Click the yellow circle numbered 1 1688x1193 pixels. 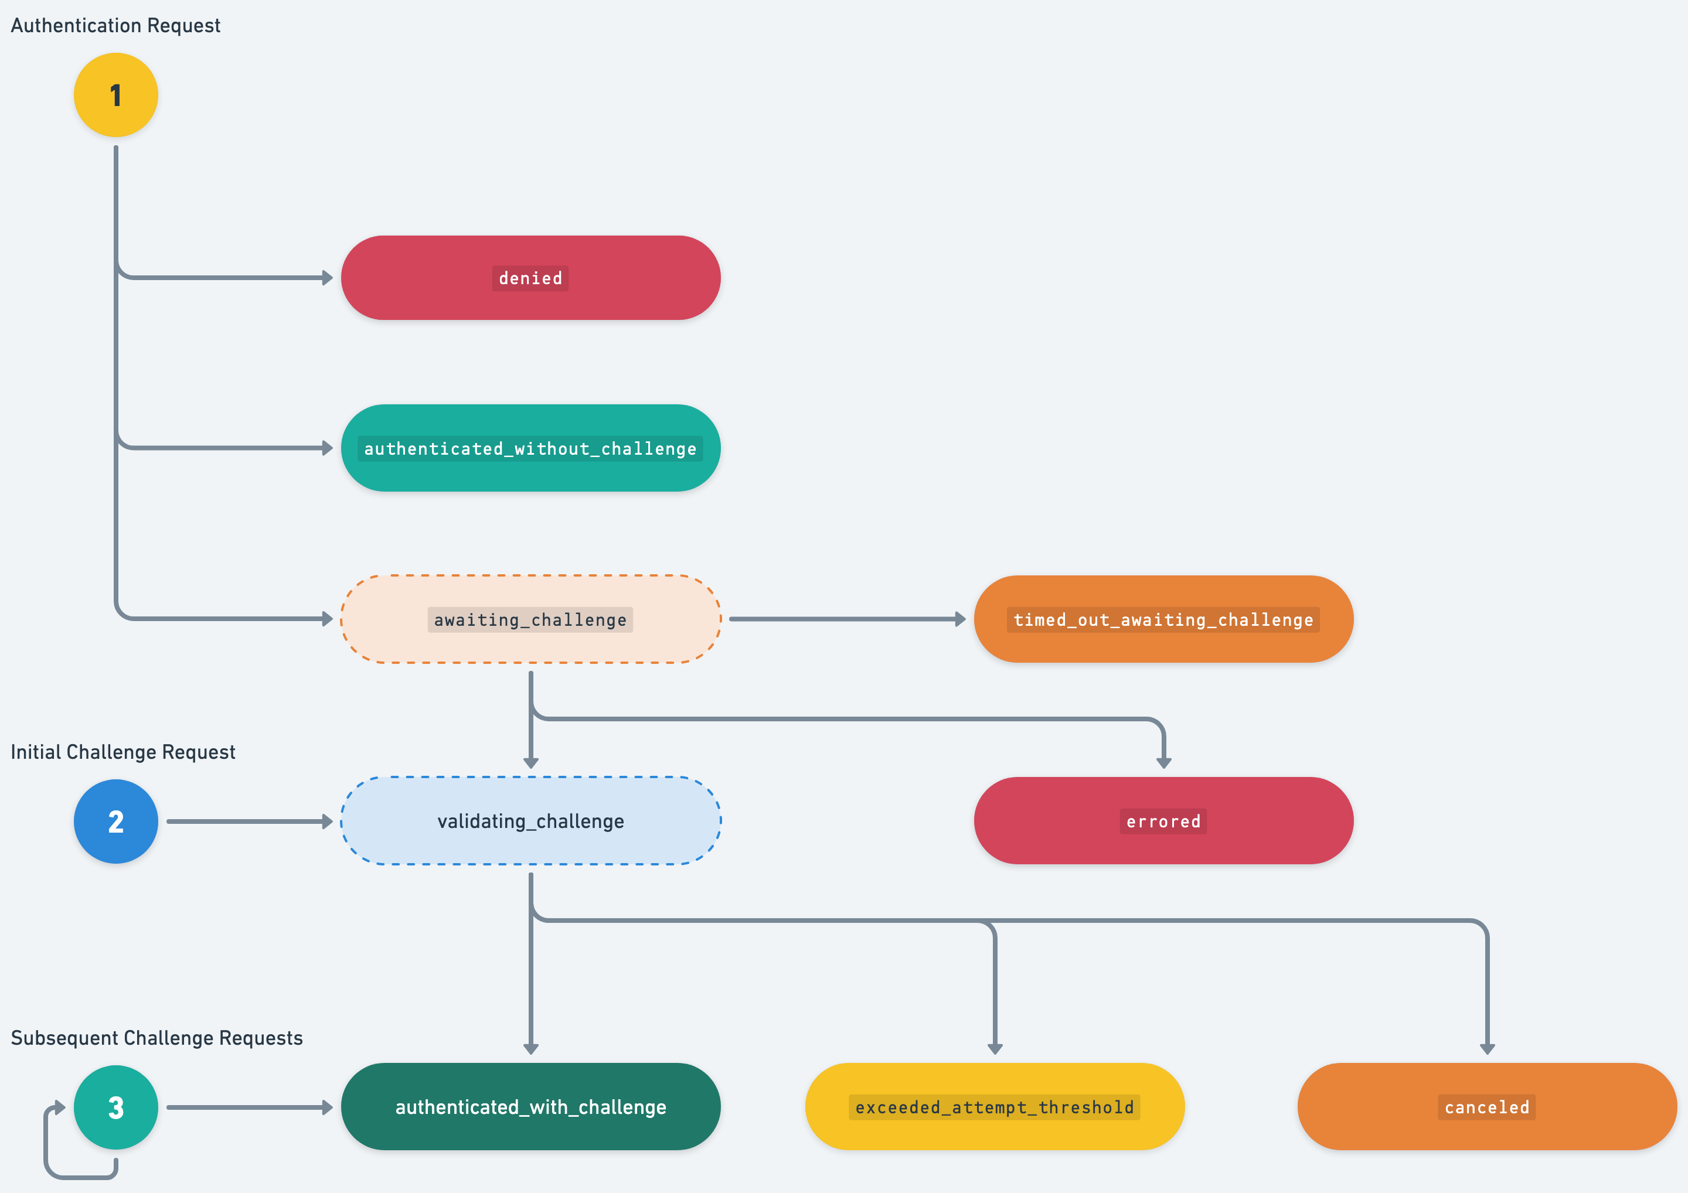pos(115,95)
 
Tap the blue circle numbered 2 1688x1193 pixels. pos(115,821)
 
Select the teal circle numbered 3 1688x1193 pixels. pos(115,1107)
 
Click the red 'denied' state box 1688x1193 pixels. pos(530,278)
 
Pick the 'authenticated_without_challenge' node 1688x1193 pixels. pos(530,448)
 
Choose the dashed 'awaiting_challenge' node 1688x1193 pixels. pos(530,619)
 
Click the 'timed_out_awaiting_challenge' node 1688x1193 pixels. pos(1163,619)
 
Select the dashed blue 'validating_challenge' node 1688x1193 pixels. pos(530,820)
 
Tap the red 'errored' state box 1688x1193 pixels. pos(1163,820)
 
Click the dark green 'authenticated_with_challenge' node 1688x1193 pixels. pos(530,1106)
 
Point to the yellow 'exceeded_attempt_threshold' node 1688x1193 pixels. pos(995,1106)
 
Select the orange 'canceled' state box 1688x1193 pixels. pos(1486,1106)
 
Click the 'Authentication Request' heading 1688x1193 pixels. pos(115,26)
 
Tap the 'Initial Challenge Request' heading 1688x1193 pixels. pos(122,752)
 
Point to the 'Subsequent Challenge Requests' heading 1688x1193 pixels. pos(156,1038)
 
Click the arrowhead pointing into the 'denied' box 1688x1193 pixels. pos(327,278)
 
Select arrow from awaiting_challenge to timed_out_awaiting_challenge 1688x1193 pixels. pos(846,619)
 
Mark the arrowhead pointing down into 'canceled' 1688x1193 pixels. pos(1486,1049)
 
